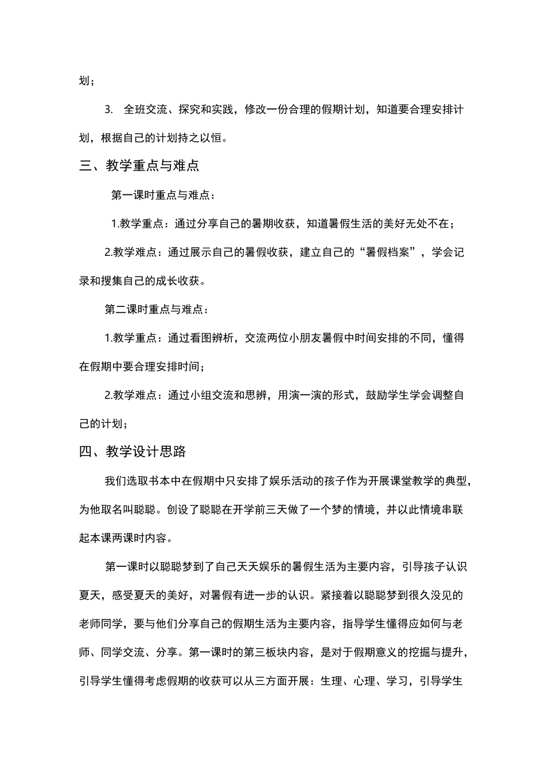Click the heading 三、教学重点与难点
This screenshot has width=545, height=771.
coord(139,166)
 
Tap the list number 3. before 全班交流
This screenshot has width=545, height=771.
coord(110,110)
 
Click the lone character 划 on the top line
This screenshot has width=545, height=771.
coord(84,81)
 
